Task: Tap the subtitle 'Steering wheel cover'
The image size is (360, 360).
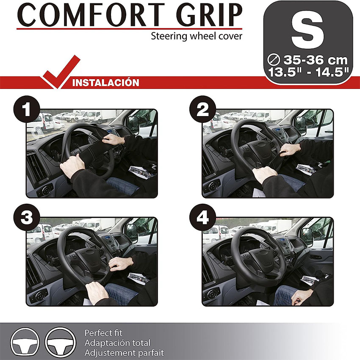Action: (x=197, y=36)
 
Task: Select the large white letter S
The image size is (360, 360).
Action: (x=307, y=33)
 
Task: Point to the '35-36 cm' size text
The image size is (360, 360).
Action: (x=316, y=60)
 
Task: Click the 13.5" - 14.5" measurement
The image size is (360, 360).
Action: (x=309, y=72)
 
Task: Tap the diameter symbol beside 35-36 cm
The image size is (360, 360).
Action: (x=274, y=60)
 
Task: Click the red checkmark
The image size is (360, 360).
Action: (x=61, y=72)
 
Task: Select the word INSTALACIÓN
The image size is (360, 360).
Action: (x=105, y=83)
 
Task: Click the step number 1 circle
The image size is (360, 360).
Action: (x=27, y=109)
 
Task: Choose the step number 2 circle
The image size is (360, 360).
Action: (x=203, y=109)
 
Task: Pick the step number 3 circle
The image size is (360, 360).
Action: (x=27, y=217)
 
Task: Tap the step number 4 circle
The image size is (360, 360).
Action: (x=203, y=217)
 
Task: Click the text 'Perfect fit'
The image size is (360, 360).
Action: (x=103, y=333)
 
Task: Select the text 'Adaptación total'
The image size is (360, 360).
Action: (x=117, y=343)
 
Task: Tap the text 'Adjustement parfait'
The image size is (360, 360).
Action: (x=124, y=352)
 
